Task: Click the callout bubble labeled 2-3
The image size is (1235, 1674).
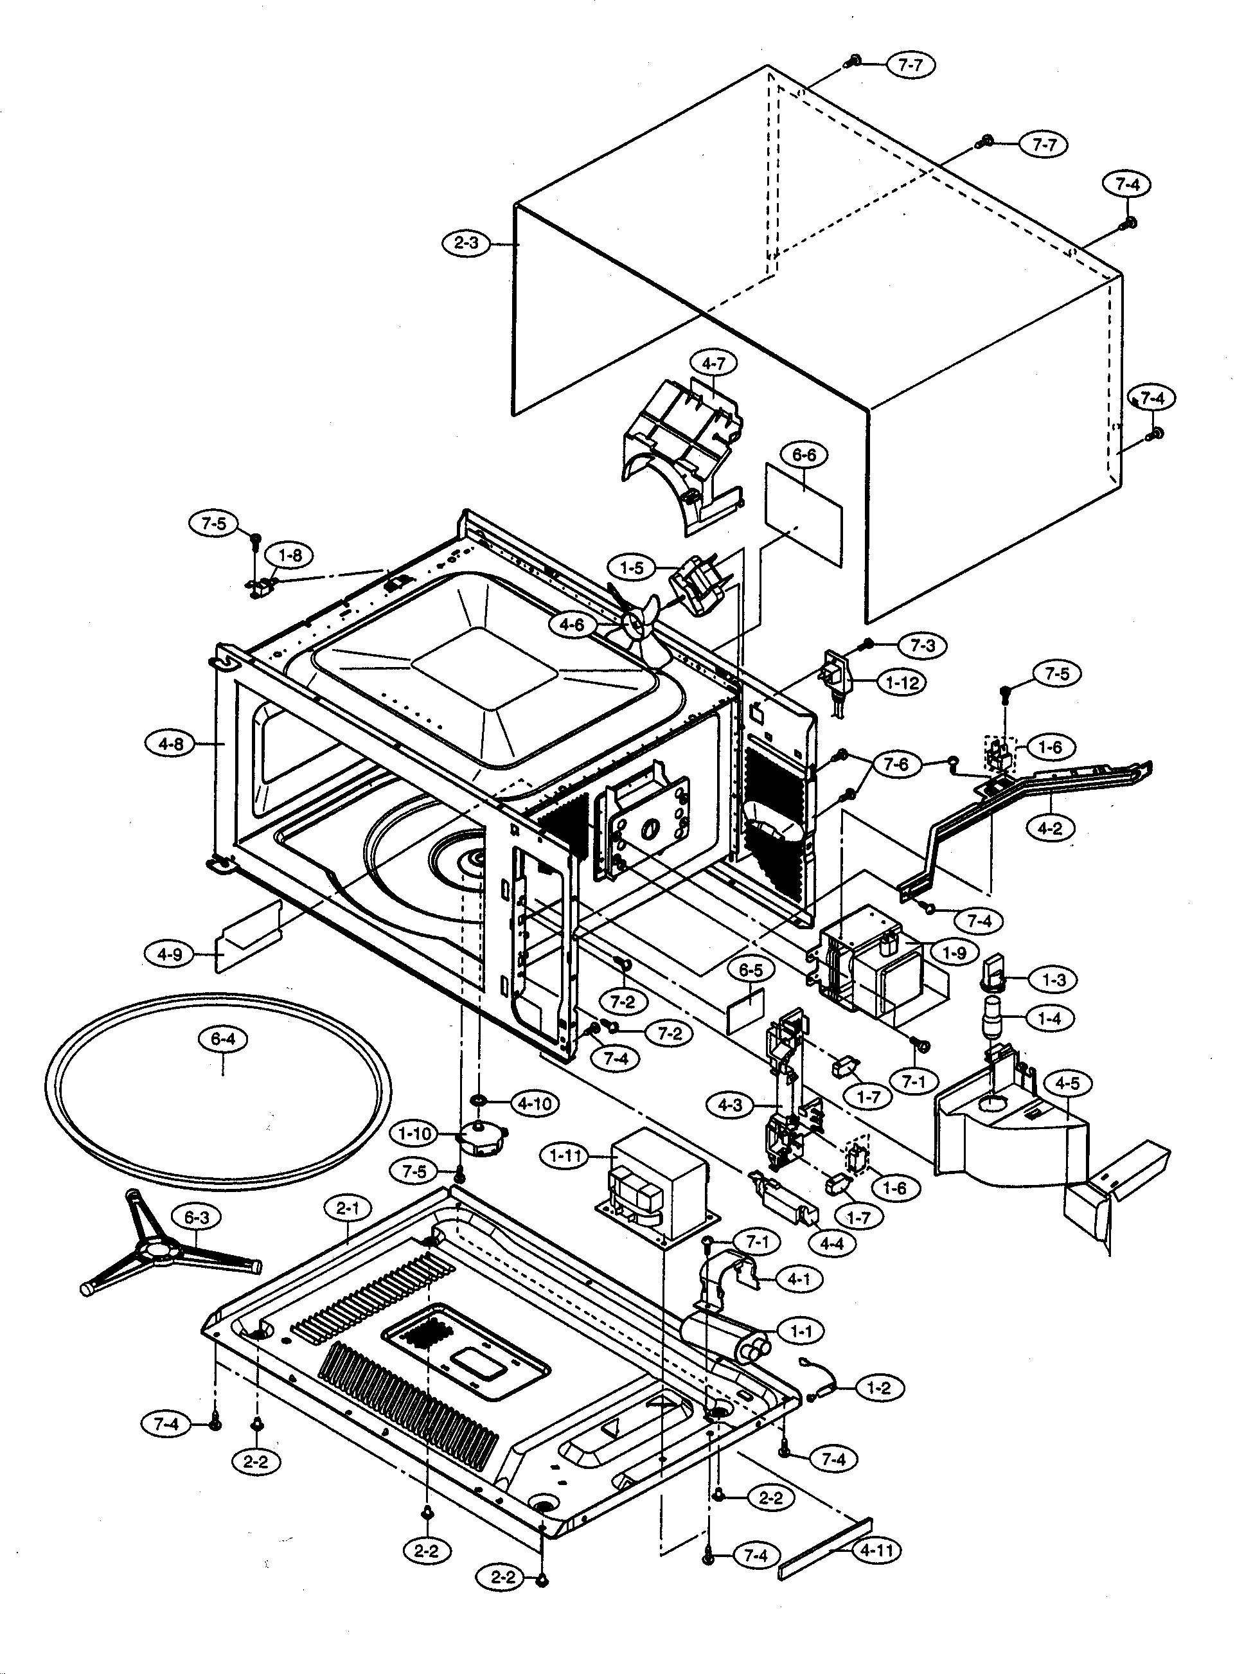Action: tap(466, 243)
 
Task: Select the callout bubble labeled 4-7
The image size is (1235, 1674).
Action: tap(714, 364)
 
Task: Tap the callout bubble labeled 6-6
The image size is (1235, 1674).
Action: tap(804, 454)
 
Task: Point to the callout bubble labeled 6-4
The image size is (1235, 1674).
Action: tap(224, 1038)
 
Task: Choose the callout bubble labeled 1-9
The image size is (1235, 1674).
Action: tap(955, 953)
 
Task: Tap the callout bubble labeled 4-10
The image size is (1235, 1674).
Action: tap(535, 1103)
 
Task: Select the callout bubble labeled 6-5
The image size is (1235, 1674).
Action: tap(751, 970)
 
